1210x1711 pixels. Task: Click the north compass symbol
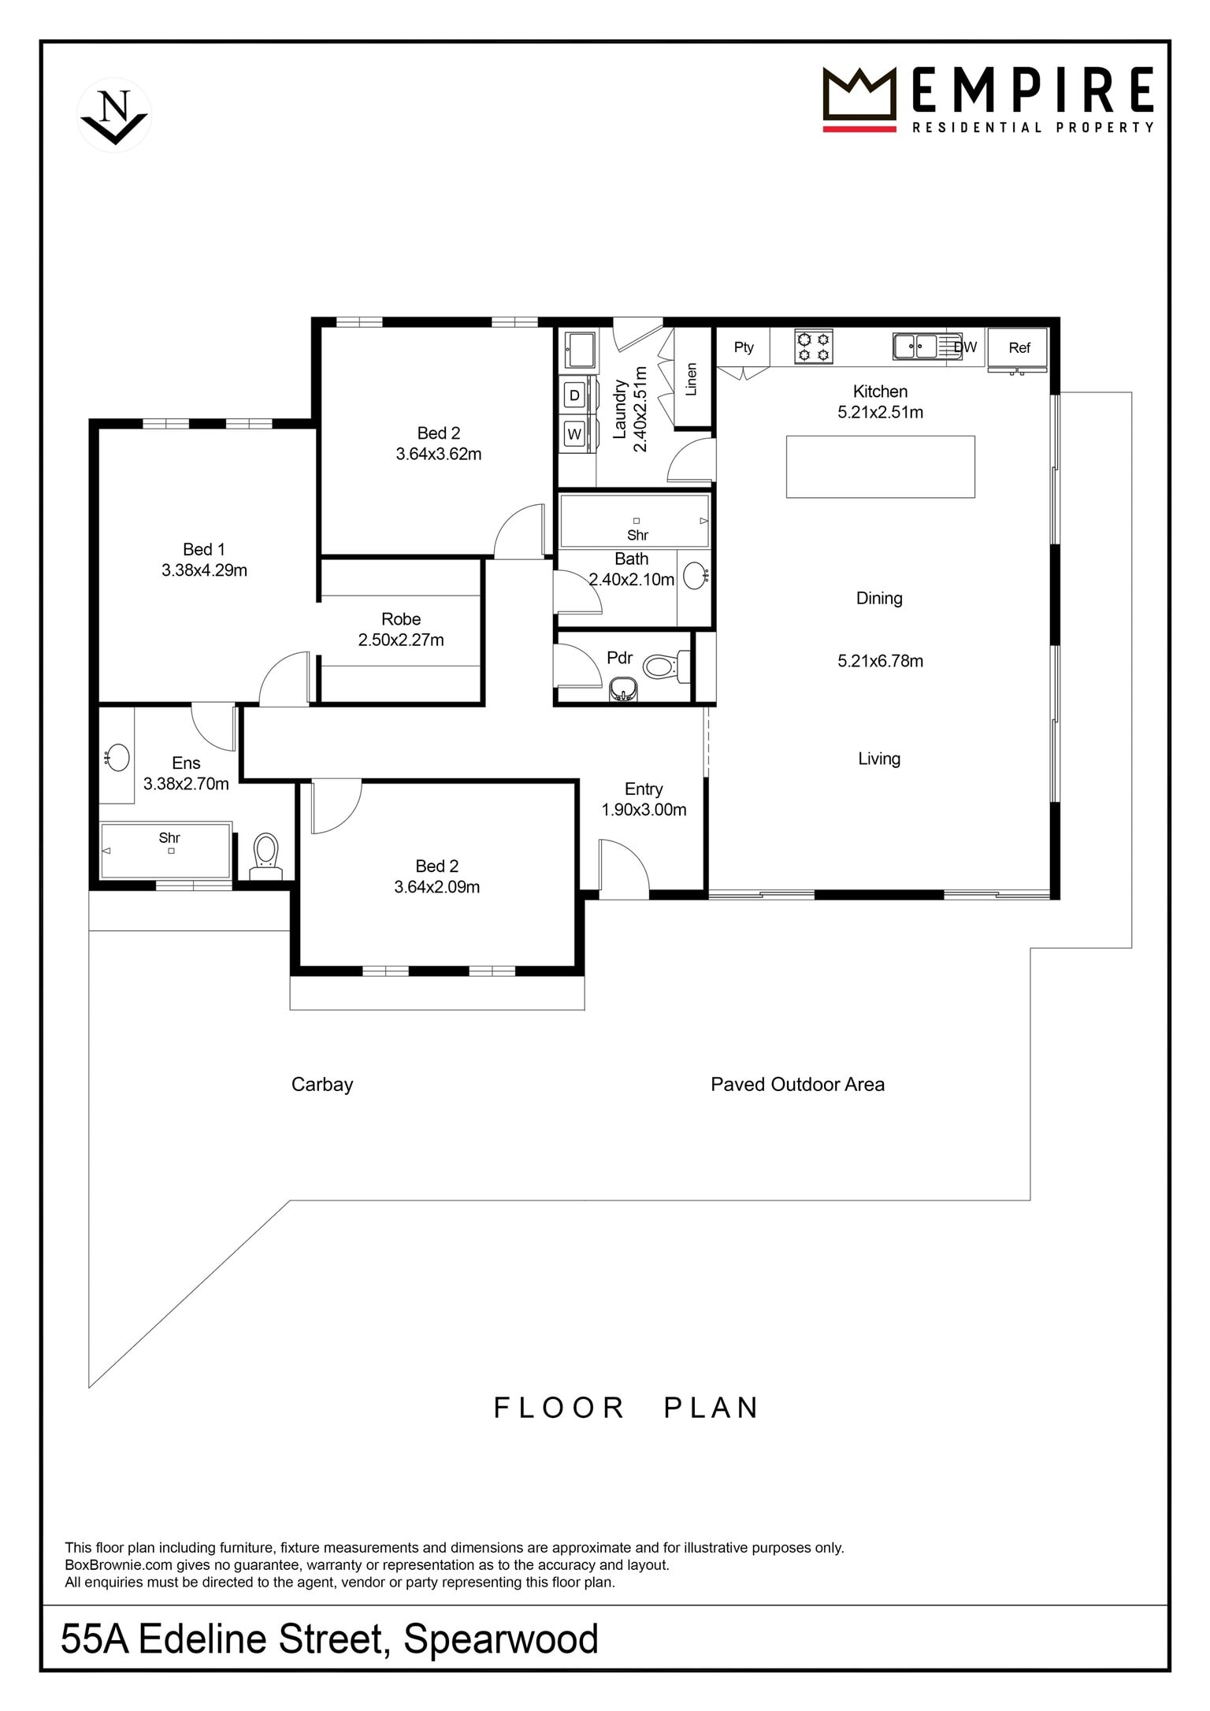[x=114, y=115]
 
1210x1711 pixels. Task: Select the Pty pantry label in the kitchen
[x=744, y=347]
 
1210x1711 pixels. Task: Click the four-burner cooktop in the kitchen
[x=813, y=347]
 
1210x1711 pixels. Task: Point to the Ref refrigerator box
[x=1019, y=347]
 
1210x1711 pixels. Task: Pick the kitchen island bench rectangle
[x=880, y=466]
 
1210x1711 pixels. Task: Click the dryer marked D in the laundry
[x=574, y=395]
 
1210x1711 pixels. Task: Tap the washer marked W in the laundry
[x=574, y=434]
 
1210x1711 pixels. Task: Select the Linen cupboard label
[x=692, y=379]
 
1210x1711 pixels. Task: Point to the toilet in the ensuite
[x=265, y=855]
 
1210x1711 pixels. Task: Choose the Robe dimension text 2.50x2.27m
[x=401, y=640]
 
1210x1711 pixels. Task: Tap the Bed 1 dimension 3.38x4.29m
[x=204, y=570]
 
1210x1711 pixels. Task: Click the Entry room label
[x=644, y=789]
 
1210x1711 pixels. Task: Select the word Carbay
[x=322, y=1085]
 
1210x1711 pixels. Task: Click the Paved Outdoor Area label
[x=797, y=1084]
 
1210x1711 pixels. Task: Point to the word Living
[x=879, y=759]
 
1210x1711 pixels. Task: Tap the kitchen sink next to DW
[x=915, y=346]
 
